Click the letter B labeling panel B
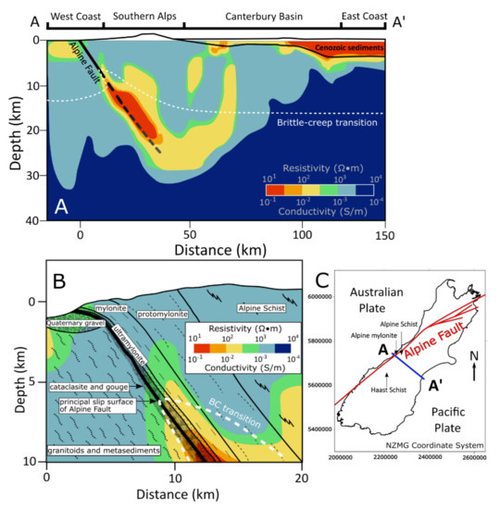click(x=62, y=279)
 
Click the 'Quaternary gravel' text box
click(x=67, y=323)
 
